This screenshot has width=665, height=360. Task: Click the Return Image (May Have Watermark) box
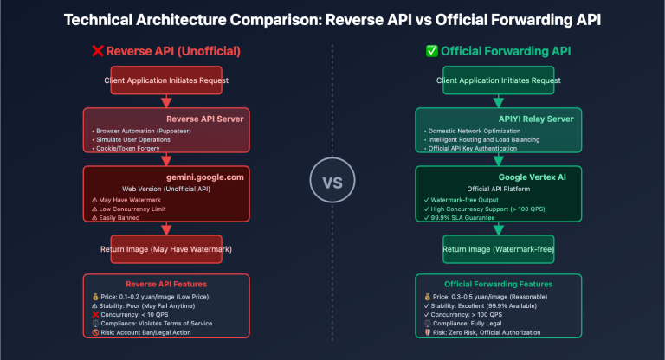tap(165, 249)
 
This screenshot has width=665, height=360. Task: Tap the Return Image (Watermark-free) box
tap(498, 249)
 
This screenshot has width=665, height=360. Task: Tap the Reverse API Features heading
tap(166, 283)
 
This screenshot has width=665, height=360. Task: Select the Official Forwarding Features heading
tap(498, 283)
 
